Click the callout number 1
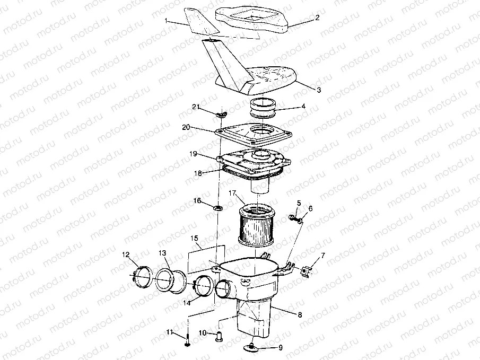pos(166,21)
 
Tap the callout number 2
pos(317,17)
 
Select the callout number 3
pos(319,90)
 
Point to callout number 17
pos(232,194)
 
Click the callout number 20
pos(186,127)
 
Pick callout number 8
pos(300,315)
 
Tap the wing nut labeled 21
pos(221,114)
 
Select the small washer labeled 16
pos(219,208)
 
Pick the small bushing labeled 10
pos(219,337)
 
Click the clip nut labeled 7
pos(307,271)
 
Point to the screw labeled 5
pos(292,218)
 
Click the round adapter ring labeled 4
pos(263,108)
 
